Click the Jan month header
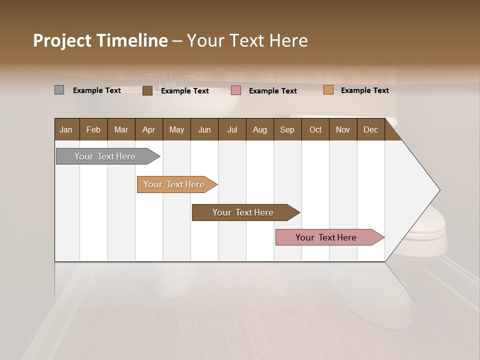tap(66, 129)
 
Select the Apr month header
tap(148, 129)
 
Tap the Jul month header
tap(232, 129)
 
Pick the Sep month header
tap(287, 129)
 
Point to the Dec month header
tap(370, 129)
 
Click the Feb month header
tap(93, 129)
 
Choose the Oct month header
tap(315, 129)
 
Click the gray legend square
tap(59, 90)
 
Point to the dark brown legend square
tap(147, 90)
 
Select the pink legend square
tap(236, 90)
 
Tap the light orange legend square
tap(328, 90)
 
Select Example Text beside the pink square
tap(272, 91)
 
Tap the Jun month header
tap(204, 129)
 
